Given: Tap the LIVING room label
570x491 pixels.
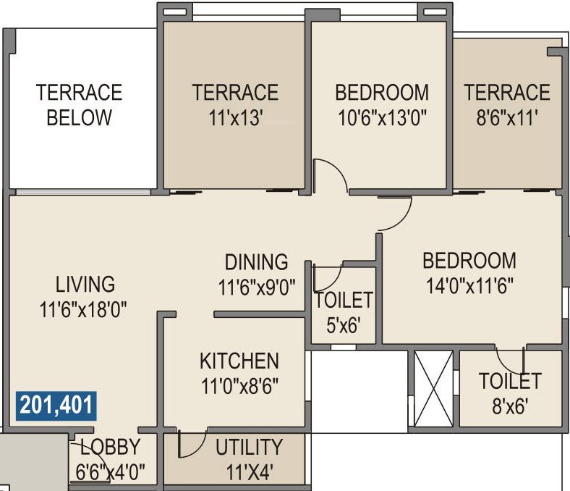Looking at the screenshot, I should [x=85, y=283].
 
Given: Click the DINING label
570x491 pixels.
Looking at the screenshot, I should [x=256, y=261].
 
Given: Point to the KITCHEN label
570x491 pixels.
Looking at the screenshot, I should [x=239, y=360].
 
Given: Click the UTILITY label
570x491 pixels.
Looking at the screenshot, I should [x=249, y=446].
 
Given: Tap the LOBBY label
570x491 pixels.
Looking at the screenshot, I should [x=110, y=446].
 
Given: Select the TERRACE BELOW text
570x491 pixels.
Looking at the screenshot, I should [x=80, y=105].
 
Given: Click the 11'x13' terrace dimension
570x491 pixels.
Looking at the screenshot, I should [x=234, y=118].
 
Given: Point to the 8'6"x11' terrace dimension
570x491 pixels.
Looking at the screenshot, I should [x=506, y=118].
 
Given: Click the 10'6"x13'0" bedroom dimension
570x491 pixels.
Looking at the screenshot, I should [x=382, y=118].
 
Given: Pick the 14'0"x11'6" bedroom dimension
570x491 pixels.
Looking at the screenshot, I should [x=469, y=285].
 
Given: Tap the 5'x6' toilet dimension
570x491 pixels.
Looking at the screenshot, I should [x=343, y=325].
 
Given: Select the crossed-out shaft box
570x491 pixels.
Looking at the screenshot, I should [x=433, y=388].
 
